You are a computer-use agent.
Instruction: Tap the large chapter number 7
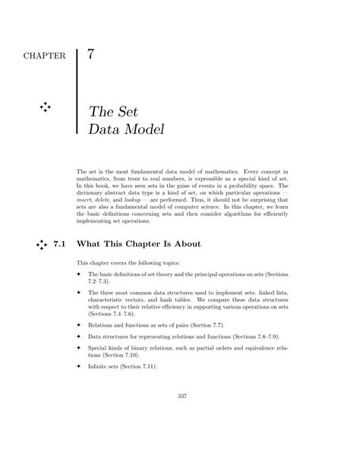coord(91,55)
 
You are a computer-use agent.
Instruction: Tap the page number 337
coord(182,417)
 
